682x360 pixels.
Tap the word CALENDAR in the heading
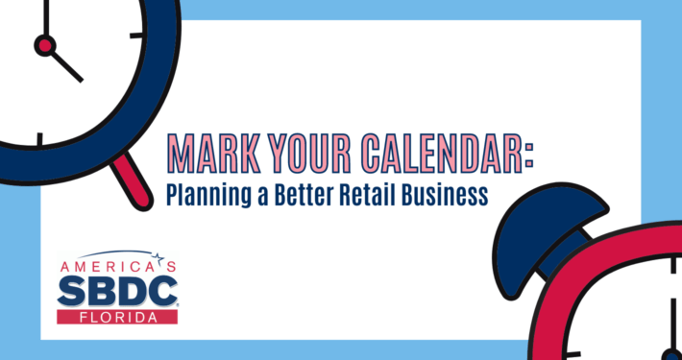pyautogui.click(x=435, y=152)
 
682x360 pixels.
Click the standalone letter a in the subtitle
pyautogui.click(x=256, y=196)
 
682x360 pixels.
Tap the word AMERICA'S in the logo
pyautogui.click(x=119, y=264)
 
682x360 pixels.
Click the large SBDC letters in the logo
pyautogui.click(x=117, y=291)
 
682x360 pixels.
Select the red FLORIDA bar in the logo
pyautogui.click(x=117, y=316)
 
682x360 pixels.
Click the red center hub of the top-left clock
pyautogui.click(x=43, y=44)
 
